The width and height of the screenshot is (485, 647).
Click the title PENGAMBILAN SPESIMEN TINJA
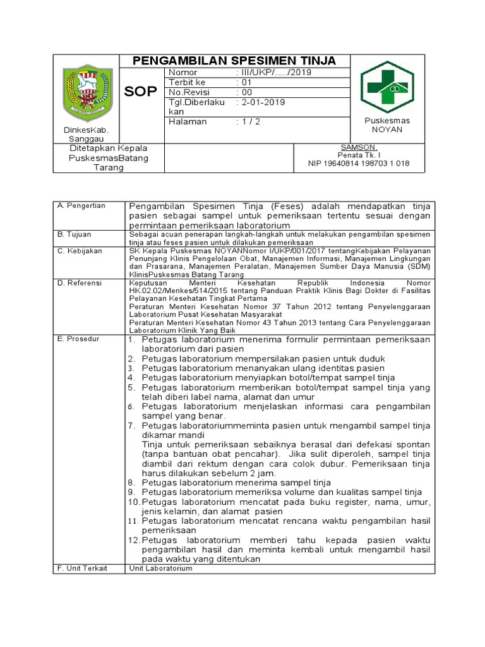(x=234, y=61)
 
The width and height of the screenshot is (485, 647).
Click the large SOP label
(x=140, y=92)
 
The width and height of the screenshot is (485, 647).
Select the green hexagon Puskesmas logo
(x=386, y=87)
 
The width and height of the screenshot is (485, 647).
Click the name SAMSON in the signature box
(x=358, y=147)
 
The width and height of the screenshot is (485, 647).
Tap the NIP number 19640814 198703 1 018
(x=358, y=163)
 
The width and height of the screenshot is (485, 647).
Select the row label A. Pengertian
(x=81, y=206)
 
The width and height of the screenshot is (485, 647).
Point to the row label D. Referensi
(x=80, y=283)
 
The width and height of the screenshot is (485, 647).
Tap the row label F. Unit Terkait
(x=82, y=568)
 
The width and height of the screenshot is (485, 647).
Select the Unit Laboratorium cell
(x=160, y=568)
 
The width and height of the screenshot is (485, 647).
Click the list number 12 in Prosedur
(x=133, y=540)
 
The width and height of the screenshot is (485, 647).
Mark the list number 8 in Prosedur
(x=133, y=482)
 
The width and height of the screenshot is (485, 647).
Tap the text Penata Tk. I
(x=358, y=155)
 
